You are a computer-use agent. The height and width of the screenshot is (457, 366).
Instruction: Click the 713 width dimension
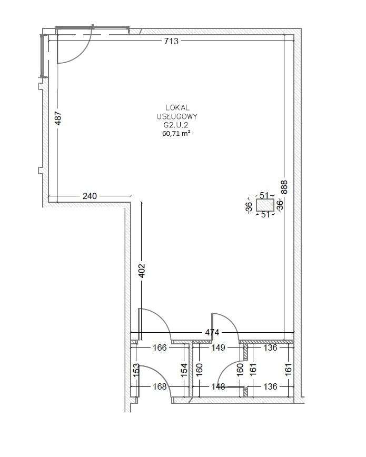(171, 41)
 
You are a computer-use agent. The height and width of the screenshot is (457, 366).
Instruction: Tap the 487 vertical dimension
(58, 118)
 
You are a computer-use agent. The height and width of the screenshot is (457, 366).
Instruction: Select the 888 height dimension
(284, 187)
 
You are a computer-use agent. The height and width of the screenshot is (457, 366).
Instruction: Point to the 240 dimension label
(90, 196)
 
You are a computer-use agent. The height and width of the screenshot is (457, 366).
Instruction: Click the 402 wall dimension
(142, 271)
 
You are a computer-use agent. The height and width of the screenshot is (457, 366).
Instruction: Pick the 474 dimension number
(212, 332)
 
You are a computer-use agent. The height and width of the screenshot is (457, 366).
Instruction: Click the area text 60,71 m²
(176, 134)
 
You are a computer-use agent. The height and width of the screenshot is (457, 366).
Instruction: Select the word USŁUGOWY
(177, 116)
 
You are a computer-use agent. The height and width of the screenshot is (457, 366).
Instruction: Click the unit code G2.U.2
(176, 125)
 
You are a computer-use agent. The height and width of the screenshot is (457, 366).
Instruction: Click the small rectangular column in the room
(265, 205)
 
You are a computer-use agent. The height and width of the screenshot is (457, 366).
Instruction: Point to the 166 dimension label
(160, 347)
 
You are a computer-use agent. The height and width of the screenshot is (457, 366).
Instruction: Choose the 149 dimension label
(218, 347)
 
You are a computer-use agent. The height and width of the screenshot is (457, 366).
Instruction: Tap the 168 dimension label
(160, 387)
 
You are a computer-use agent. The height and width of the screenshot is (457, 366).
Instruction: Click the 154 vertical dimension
(184, 370)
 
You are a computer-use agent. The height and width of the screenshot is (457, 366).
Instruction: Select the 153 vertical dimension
(136, 370)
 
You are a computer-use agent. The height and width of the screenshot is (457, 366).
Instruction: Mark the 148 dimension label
(218, 387)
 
